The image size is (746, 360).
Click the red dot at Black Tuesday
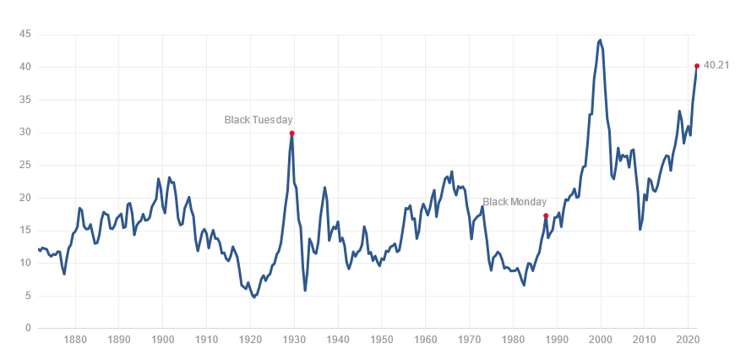pyautogui.click(x=291, y=133)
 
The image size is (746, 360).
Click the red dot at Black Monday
pyautogui.click(x=546, y=215)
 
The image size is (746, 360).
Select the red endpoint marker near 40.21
pyautogui.click(x=697, y=66)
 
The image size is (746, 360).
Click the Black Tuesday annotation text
pyautogui.click(x=258, y=120)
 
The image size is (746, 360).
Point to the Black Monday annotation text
pyautogui.click(x=515, y=202)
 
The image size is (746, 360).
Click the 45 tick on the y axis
pyautogui.click(x=25, y=35)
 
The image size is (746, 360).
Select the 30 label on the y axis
pyautogui.click(x=25, y=133)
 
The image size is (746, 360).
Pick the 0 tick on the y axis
pyautogui.click(x=28, y=329)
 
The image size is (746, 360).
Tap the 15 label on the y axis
pyautogui.click(x=25, y=231)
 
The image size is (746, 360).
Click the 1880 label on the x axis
pyautogui.click(x=75, y=341)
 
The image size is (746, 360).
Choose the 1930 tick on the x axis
pyautogui.click(x=294, y=341)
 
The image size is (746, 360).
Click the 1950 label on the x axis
pyautogui.click(x=382, y=341)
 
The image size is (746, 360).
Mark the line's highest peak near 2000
pyautogui.click(x=600, y=40)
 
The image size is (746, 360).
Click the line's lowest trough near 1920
pyautogui.click(x=254, y=297)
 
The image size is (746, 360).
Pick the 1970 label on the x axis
pyautogui.click(x=469, y=341)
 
